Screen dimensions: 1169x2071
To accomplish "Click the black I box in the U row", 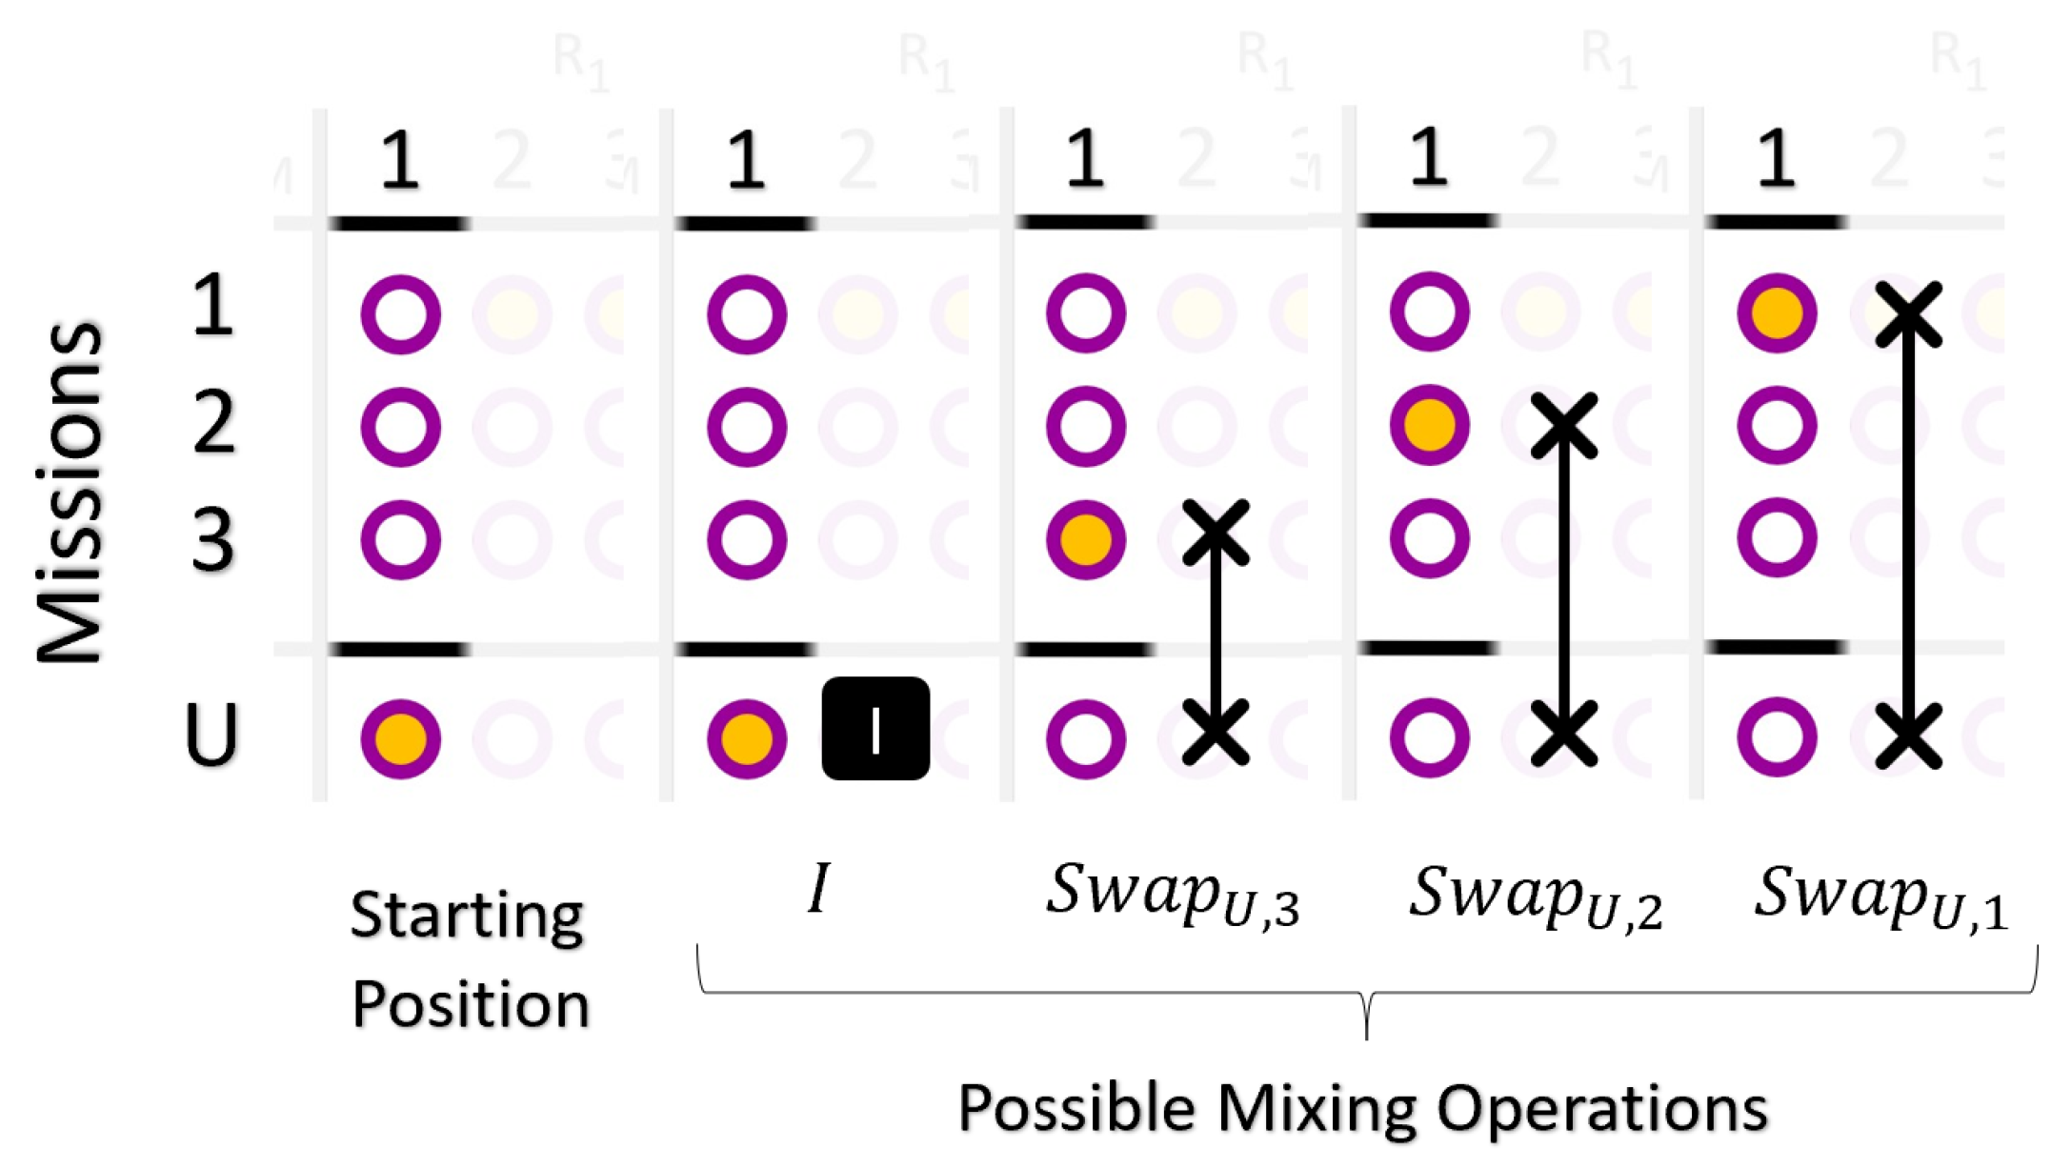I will point(875,729).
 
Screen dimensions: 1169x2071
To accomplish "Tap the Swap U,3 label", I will point(1172,896).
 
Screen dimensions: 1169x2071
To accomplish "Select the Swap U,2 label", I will point(1535,897).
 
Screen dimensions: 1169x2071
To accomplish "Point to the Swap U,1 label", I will point(1880,897).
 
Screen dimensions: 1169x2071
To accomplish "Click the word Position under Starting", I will point(471,1005).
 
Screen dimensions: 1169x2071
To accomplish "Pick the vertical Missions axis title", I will point(69,491).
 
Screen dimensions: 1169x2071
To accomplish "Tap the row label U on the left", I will point(211,735).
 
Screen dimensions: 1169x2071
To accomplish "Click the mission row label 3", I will point(212,540).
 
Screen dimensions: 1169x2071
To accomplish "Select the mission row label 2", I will point(213,424).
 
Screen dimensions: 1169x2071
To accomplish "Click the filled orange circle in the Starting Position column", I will point(400,739).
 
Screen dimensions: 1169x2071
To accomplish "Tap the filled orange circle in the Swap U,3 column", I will point(1086,540).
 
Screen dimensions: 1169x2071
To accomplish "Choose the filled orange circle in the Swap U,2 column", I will point(1429,425).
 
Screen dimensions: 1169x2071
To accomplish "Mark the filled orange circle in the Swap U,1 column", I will point(1777,313).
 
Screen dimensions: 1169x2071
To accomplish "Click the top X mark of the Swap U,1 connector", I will point(1908,314).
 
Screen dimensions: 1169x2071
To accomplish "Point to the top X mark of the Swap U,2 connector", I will point(1563,426).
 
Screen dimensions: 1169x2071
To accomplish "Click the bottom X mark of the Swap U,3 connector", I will point(1215,733).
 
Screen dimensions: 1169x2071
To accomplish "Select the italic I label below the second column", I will point(818,889).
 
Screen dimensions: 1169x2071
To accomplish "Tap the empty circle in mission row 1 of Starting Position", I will point(400,314).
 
